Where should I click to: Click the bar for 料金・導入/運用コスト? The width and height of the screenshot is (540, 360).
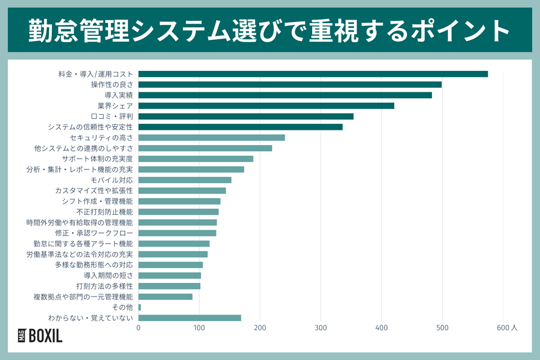point(313,74)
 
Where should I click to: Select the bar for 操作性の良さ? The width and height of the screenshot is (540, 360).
point(290,84)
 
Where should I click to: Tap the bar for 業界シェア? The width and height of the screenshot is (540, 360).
point(266,106)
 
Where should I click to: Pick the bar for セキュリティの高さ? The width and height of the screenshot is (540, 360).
point(211,137)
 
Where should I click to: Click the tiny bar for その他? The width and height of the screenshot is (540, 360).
point(139,307)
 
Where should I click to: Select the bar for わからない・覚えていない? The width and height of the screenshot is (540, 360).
point(190,318)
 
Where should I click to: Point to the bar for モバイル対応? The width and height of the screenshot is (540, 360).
point(184,180)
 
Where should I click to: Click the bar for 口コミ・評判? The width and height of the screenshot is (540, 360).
point(246,116)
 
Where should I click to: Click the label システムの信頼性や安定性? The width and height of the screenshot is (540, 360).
point(90,127)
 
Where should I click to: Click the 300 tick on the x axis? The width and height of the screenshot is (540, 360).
point(321,328)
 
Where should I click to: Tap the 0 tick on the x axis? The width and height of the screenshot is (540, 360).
point(138,328)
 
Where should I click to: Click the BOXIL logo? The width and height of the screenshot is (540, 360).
point(40,336)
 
